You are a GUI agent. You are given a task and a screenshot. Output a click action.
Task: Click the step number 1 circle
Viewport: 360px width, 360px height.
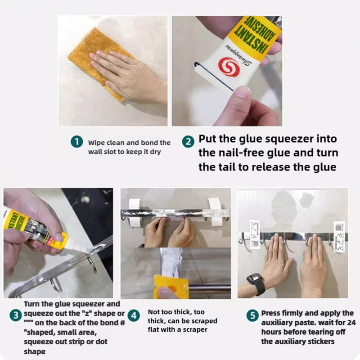click(x=77, y=142)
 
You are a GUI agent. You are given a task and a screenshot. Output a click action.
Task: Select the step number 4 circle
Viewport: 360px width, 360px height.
click(x=133, y=315)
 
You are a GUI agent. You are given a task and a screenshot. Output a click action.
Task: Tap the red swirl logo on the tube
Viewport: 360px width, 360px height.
click(x=227, y=66)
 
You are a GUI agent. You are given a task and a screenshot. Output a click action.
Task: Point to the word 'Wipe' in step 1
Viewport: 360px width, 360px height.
click(x=96, y=143)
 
